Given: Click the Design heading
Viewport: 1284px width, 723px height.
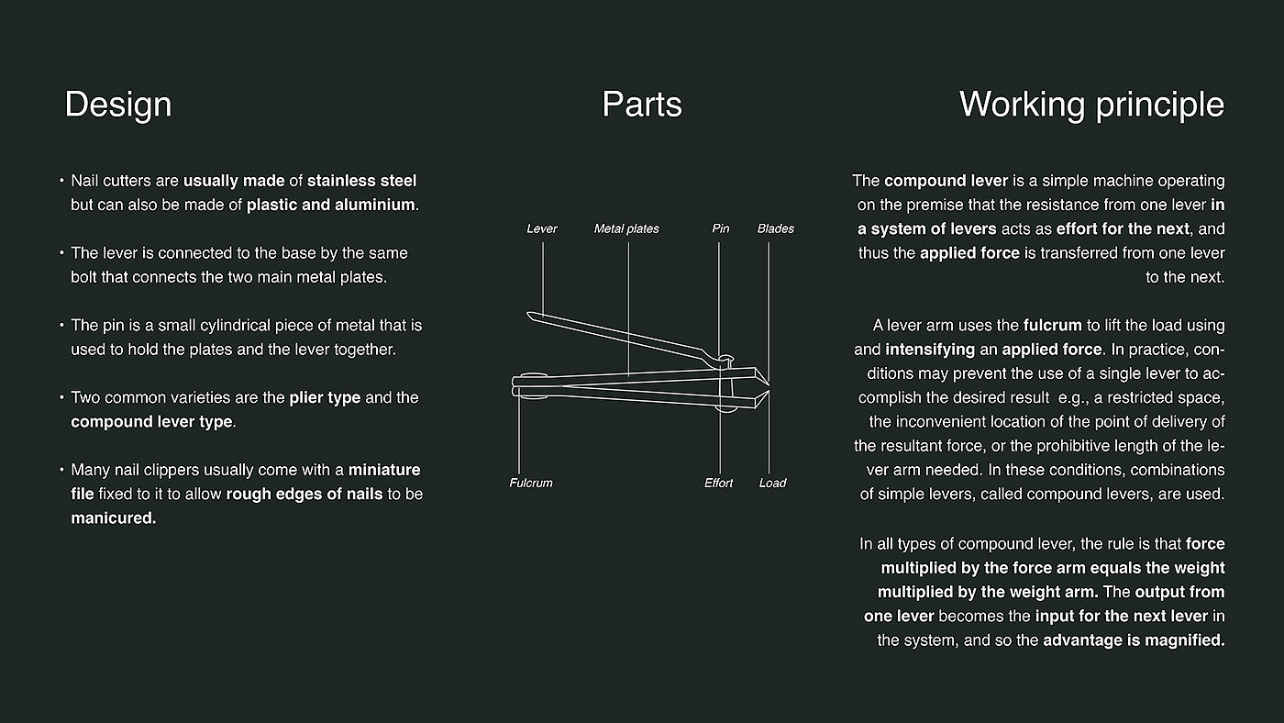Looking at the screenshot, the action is point(118,105).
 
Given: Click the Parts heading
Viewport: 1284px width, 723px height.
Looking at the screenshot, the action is point(642,105).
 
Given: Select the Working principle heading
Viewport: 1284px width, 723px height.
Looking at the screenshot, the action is point(1092,106).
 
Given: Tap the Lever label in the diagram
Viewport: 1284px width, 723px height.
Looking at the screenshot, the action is point(542,228).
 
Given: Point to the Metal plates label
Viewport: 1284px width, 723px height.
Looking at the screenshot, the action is point(626,228).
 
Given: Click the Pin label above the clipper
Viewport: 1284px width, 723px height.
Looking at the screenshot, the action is point(721,228).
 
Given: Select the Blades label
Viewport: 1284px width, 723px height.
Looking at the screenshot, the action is point(776,228).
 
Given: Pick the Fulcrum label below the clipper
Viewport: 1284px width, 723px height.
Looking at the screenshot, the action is point(531,484).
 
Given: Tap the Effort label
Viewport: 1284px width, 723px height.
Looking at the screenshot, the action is point(718,484).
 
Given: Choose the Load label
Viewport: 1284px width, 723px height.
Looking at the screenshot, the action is point(772,484).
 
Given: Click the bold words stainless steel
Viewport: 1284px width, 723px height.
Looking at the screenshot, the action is point(361,181).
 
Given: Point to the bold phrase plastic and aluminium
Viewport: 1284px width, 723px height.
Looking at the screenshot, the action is point(331,205).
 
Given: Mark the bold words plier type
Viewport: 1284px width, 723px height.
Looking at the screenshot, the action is point(325,398).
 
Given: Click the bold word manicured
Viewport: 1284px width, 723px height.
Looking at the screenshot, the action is point(114,518).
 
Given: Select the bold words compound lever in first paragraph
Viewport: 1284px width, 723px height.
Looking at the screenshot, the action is point(946,181).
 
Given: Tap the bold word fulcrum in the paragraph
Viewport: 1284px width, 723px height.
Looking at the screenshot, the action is point(1053,326).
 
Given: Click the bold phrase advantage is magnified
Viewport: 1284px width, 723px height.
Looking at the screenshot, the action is point(1134,640).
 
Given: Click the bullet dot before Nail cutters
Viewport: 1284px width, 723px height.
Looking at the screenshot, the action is point(61,181).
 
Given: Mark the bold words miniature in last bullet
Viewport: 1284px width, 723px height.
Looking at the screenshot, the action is point(384,470).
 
